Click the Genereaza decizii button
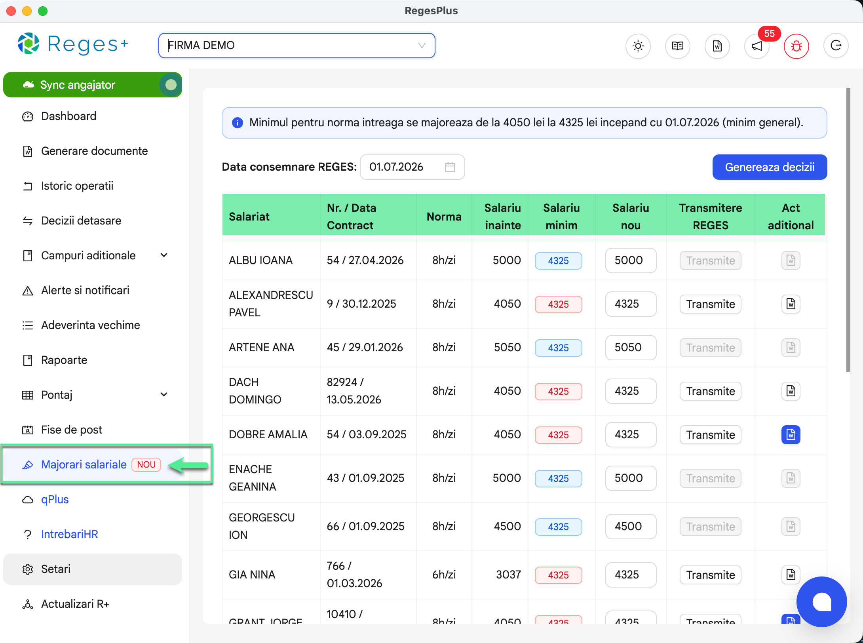(770, 167)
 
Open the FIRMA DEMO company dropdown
(297, 46)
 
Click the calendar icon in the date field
(450, 167)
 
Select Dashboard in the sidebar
(68, 116)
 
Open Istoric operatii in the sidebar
(77, 186)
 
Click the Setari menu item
(55, 569)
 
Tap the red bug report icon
(796, 46)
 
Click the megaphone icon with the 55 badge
(757, 46)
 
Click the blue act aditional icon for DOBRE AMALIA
(791, 435)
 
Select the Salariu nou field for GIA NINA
(631, 575)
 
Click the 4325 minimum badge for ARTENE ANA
(558, 348)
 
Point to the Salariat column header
(249, 217)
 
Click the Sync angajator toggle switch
(171, 85)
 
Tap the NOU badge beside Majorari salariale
(146, 465)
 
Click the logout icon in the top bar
(836, 46)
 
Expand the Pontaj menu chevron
(164, 395)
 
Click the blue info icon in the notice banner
(237, 123)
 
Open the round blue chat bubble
(821, 602)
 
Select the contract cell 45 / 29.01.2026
(365, 348)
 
